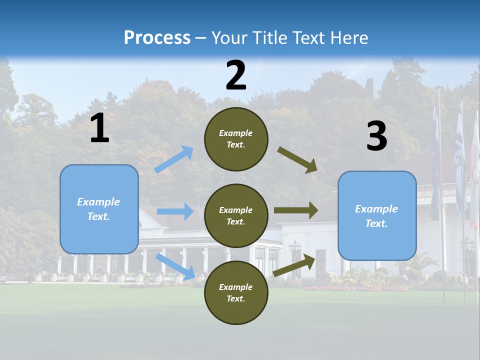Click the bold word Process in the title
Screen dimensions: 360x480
click(x=157, y=37)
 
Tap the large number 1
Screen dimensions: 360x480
click(x=99, y=128)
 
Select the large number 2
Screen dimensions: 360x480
click(x=236, y=75)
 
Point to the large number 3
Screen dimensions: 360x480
click(x=376, y=136)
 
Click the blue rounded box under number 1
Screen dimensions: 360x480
click(x=99, y=209)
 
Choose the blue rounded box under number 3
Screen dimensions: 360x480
click(x=377, y=215)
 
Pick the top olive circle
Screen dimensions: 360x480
click(x=236, y=139)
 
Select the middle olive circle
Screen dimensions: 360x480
click(x=236, y=215)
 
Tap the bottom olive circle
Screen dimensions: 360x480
click(x=236, y=292)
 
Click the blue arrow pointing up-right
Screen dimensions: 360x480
click(x=174, y=159)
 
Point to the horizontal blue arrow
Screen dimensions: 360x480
click(x=175, y=211)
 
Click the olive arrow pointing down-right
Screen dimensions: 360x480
click(x=297, y=160)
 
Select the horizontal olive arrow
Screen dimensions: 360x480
click(x=296, y=210)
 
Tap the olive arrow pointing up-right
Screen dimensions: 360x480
click(x=294, y=265)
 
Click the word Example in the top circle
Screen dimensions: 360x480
click(x=236, y=133)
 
